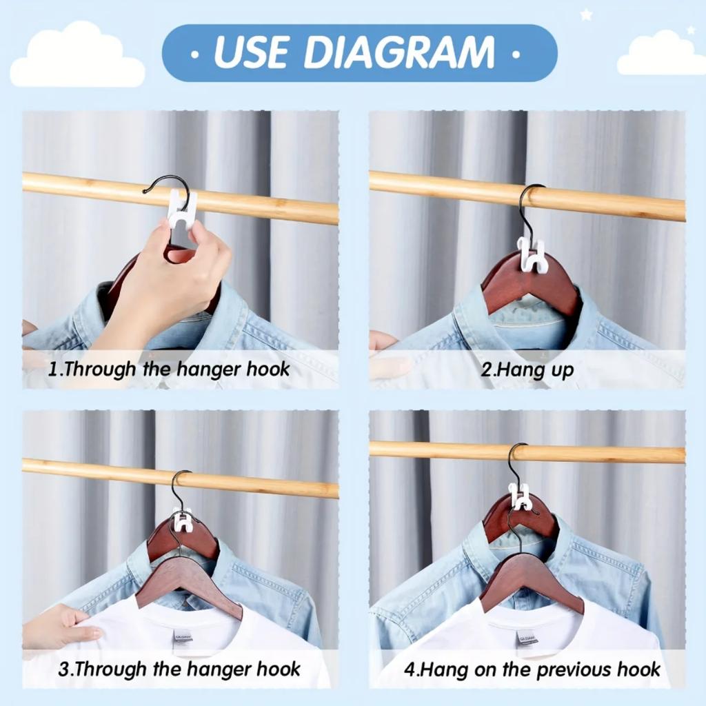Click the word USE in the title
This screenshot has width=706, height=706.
(x=252, y=53)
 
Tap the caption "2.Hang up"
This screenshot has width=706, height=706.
(x=527, y=370)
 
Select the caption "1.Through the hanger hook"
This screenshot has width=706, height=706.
(x=169, y=369)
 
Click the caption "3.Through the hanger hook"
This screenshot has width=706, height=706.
(x=179, y=669)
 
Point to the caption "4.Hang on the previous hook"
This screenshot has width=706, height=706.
(x=531, y=669)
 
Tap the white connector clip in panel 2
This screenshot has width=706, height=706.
(x=532, y=255)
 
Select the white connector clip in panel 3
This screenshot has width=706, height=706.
(x=182, y=521)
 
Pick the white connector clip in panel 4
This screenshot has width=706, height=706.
(x=521, y=497)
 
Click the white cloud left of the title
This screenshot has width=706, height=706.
(x=76, y=58)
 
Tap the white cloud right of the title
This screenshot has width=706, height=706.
(x=660, y=55)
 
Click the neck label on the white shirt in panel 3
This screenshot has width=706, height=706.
(x=183, y=635)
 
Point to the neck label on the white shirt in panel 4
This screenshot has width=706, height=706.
(x=526, y=637)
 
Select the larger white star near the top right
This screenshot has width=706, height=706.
(x=586, y=14)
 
